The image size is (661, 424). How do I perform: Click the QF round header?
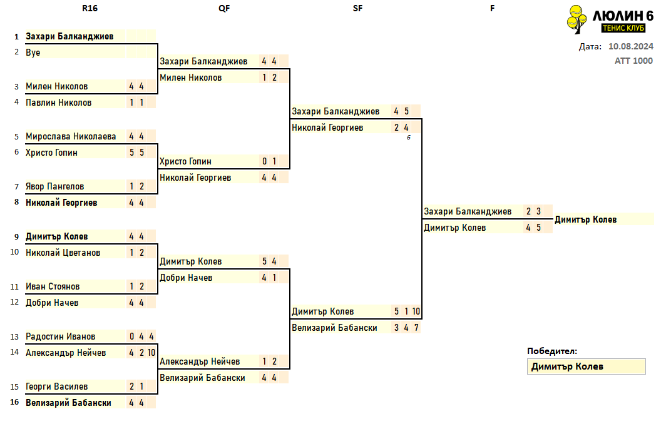(224, 8)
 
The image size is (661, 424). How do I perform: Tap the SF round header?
(357, 8)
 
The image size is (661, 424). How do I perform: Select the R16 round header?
(90, 8)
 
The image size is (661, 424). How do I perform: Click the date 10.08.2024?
(631, 46)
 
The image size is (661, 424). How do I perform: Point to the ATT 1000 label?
(633, 61)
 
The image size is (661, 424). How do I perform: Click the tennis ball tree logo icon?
(576, 19)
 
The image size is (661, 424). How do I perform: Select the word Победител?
(552, 351)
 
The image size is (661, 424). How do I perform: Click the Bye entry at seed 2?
(33, 53)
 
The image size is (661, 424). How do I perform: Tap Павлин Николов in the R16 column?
(59, 103)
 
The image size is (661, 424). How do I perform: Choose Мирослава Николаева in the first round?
(71, 136)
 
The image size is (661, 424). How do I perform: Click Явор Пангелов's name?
(55, 186)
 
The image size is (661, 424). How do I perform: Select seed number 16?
(15, 402)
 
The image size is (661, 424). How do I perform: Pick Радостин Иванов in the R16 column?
(60, 336)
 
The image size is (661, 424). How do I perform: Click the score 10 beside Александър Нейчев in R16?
(151, 353)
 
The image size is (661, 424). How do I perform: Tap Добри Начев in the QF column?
(186, 278)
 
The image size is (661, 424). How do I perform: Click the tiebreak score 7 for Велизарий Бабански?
(416, 328)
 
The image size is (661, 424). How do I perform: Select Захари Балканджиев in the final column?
(468, 211)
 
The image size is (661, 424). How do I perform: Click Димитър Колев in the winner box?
(567, 366)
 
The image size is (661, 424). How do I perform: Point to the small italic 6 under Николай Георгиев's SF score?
(409, 137)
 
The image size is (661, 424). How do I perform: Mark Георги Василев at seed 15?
(56, 386)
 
